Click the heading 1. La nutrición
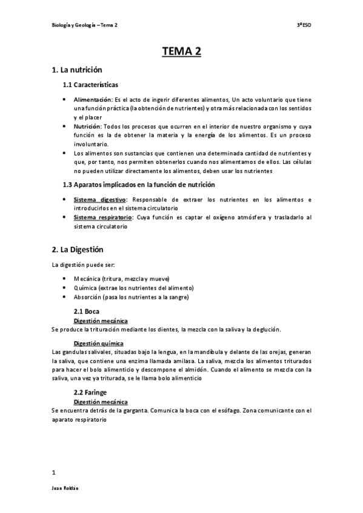[77, 70]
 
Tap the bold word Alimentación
[93, 99]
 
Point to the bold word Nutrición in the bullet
[88, 126]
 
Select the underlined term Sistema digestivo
[99, 199]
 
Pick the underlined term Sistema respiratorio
[103, 217]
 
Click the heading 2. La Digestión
[79, 249]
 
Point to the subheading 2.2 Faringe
[90, 375]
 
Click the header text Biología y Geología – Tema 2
[85, 25]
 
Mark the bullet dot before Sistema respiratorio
[65, 217]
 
